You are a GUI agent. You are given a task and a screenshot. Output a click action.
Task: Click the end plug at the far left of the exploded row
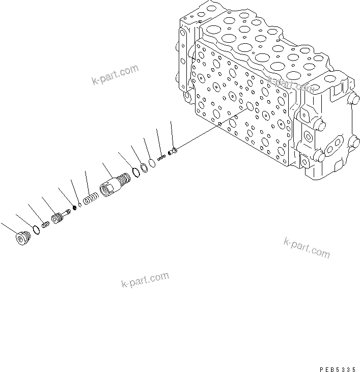tap(21, 238)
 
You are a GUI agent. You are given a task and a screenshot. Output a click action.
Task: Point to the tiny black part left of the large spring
tap(75, 207)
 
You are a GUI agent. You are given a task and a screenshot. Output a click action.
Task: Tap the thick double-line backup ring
tap(144, 166)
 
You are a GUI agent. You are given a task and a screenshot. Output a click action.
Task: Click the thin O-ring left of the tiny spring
tap(152, 163)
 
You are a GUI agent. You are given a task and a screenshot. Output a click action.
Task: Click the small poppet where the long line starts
tap(173, 150)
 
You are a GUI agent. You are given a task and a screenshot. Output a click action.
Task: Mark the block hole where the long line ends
tap(249, 107)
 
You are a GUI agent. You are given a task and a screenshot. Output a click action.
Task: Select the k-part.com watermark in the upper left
tap(115, 74)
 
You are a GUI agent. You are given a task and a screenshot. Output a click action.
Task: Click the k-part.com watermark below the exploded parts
tap(145, 279)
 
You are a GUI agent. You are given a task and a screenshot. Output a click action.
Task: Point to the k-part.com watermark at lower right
tap(307, 247)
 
